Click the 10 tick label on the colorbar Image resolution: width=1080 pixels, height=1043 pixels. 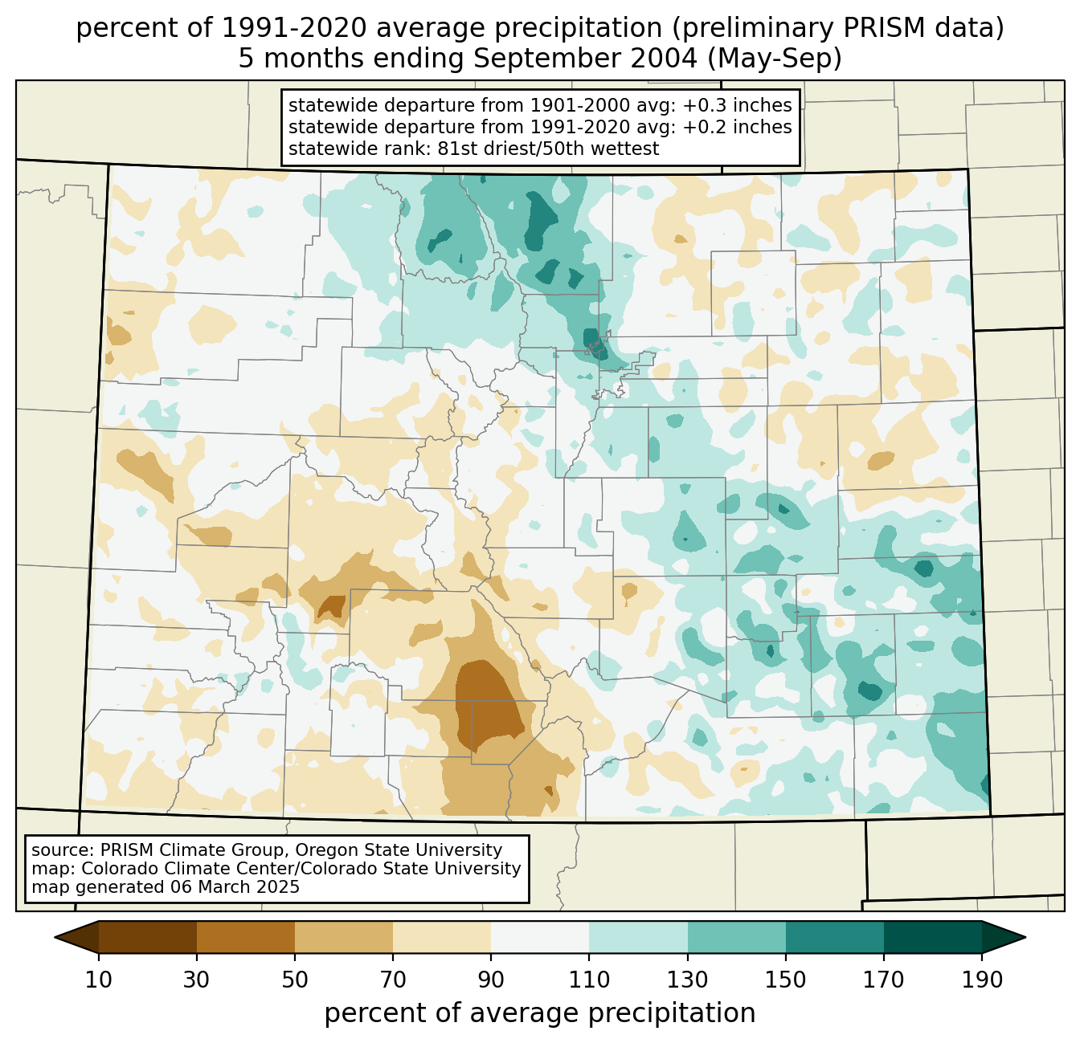click(99, 980)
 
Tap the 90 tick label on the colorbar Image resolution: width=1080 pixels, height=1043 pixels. click(491, 980)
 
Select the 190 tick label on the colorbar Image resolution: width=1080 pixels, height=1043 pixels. click(982, 980)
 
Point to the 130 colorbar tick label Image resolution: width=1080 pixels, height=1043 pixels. click(687, 980)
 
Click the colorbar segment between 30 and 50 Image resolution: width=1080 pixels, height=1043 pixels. click(246, 937)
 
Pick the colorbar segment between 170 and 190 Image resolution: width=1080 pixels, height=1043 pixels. click(933, 937)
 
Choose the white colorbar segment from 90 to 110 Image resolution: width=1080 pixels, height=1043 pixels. click(540, 937)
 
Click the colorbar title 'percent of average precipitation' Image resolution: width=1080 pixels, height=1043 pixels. click(540, 1013)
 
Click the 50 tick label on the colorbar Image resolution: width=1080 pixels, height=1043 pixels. click(295, 980)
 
